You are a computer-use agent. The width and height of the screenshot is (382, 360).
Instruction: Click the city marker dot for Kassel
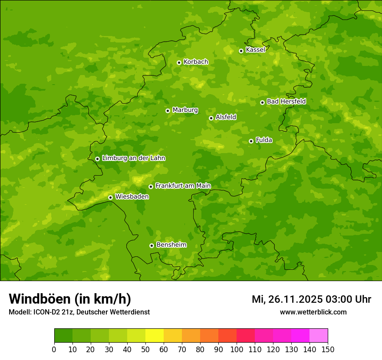[241, 51]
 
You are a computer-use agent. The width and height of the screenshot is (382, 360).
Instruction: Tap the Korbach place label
[196, 62]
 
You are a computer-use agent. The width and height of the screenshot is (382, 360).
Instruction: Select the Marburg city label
[185, 110]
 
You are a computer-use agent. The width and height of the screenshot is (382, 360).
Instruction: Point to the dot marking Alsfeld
[211, 118]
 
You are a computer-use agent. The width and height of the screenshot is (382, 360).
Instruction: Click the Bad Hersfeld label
[286, 101]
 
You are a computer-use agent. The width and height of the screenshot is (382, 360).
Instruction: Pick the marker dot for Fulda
[251, 141]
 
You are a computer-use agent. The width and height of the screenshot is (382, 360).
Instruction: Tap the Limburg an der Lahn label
[133, 158]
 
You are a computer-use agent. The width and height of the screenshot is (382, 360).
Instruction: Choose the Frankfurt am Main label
[183, 186]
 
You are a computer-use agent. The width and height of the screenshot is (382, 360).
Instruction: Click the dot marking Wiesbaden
[110, 197]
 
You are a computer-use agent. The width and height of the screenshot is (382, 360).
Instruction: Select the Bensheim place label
[171, 245]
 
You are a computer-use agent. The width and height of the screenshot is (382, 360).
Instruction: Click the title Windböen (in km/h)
[70, 299]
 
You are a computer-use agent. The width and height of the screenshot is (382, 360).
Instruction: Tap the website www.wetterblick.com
[313, 312]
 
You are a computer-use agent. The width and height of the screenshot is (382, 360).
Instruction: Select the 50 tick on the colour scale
[145, 349]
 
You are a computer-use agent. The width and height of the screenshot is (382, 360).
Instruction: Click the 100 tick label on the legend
[237, 349]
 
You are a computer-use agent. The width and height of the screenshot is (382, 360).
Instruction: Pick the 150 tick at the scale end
[328, 349]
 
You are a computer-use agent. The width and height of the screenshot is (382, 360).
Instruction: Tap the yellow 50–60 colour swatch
[155, 336]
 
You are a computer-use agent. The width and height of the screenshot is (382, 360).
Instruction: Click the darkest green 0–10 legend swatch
[63, 336]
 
